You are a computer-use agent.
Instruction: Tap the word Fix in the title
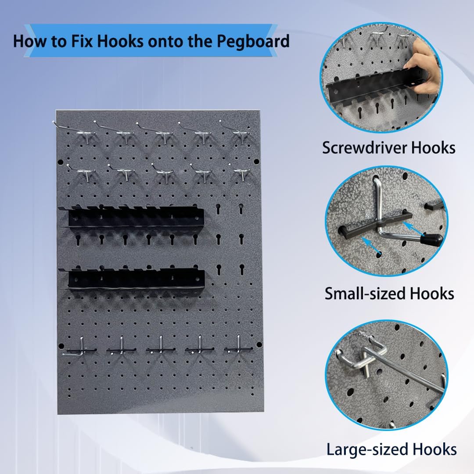82,41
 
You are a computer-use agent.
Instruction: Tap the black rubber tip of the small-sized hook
433,240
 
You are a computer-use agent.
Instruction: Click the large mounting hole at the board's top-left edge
60,162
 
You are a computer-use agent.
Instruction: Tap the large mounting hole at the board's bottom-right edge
259,345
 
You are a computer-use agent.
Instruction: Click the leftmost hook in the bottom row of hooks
79,348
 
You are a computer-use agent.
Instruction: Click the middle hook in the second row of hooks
163,173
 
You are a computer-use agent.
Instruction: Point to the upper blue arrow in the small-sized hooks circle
414,229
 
